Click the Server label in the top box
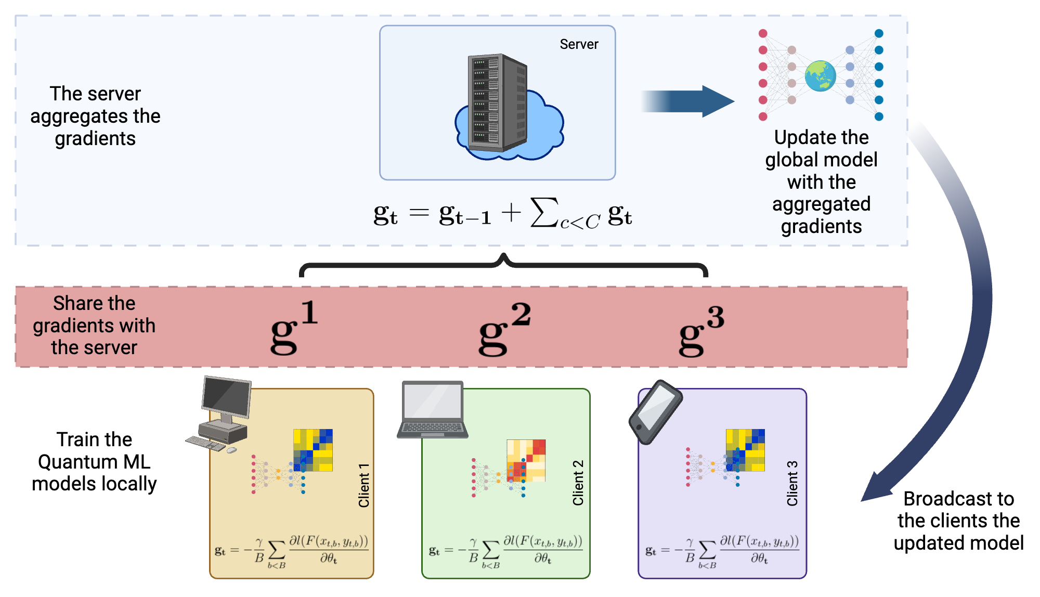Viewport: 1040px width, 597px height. click(578, 44)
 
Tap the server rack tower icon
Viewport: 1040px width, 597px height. click(497, 102)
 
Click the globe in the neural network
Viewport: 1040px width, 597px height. click(820, 76)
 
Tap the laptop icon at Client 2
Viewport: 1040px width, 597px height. click(433, 409)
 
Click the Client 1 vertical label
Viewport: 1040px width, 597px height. click(363, 485)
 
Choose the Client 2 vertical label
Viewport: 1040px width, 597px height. click(578, 483)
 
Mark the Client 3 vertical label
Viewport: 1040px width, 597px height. click(792, 483)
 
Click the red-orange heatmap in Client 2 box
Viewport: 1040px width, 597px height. click(526, 460)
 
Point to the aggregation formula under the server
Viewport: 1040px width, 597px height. click(502, 213)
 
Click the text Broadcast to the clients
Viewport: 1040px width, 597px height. click(958, 521)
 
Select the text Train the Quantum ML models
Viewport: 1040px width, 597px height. click(94, 461)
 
